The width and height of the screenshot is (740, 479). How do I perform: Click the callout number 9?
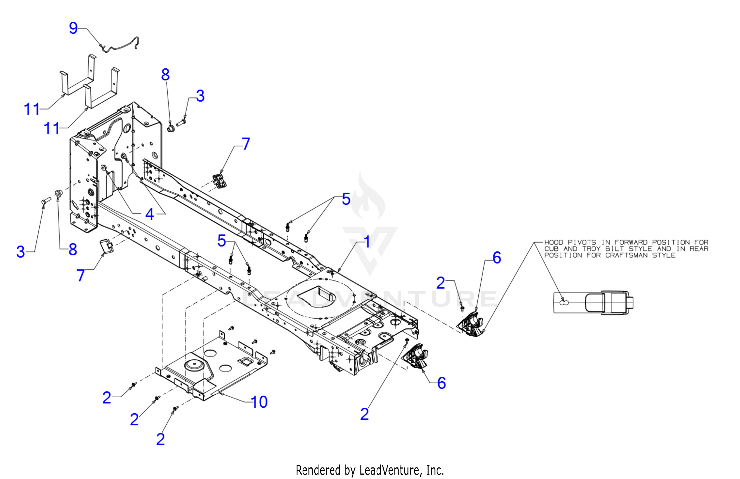point(73,28)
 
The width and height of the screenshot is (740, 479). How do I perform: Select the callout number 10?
point(259,402)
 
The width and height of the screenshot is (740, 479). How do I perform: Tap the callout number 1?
point(367,242)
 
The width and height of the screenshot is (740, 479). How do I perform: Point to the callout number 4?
point(149,214)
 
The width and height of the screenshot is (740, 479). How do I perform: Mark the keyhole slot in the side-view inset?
point(564,302)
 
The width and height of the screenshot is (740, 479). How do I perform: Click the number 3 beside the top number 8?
point(200,96)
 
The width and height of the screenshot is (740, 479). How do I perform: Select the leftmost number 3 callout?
point(20,251)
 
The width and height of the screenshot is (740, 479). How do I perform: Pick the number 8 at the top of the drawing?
point(165,75)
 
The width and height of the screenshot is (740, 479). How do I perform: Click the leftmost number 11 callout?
point(32,109)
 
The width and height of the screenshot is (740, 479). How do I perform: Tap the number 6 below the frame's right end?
point(441,383)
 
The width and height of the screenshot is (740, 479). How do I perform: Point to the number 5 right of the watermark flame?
point(346,199)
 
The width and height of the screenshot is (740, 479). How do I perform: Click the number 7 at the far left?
point(81,275)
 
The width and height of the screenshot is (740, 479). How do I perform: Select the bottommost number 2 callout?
point(160,439)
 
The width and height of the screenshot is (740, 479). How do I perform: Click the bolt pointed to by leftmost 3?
point(46,201)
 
